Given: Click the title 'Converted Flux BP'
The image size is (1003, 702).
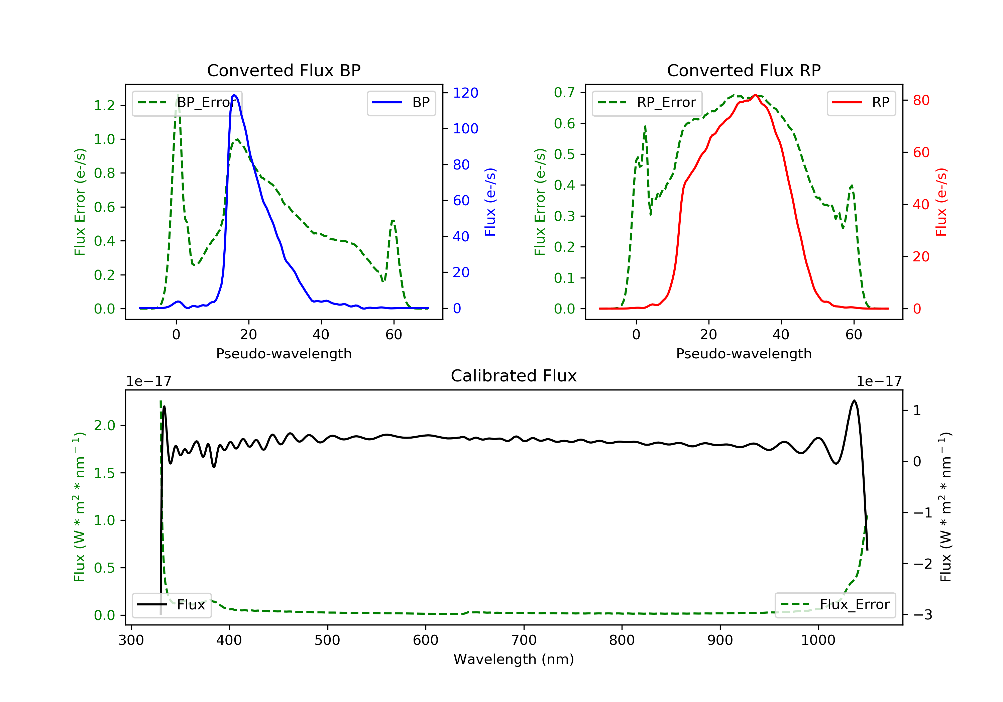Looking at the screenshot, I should click(284, 70).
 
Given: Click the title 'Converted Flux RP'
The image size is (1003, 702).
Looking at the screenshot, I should click(744, 70).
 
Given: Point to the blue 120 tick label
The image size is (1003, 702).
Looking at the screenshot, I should click(465, 93).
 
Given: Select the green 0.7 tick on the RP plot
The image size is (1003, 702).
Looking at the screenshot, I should click(564, 93).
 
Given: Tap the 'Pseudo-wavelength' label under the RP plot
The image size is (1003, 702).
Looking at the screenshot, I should click(744, 353).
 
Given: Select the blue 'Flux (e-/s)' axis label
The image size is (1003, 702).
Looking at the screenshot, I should click(490, 202).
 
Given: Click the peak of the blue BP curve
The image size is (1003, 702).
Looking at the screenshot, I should click(235, 95).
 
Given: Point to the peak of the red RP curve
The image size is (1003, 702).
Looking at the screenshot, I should click(755, 95).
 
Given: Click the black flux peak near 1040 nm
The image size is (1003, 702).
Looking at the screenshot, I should click(854, 400).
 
